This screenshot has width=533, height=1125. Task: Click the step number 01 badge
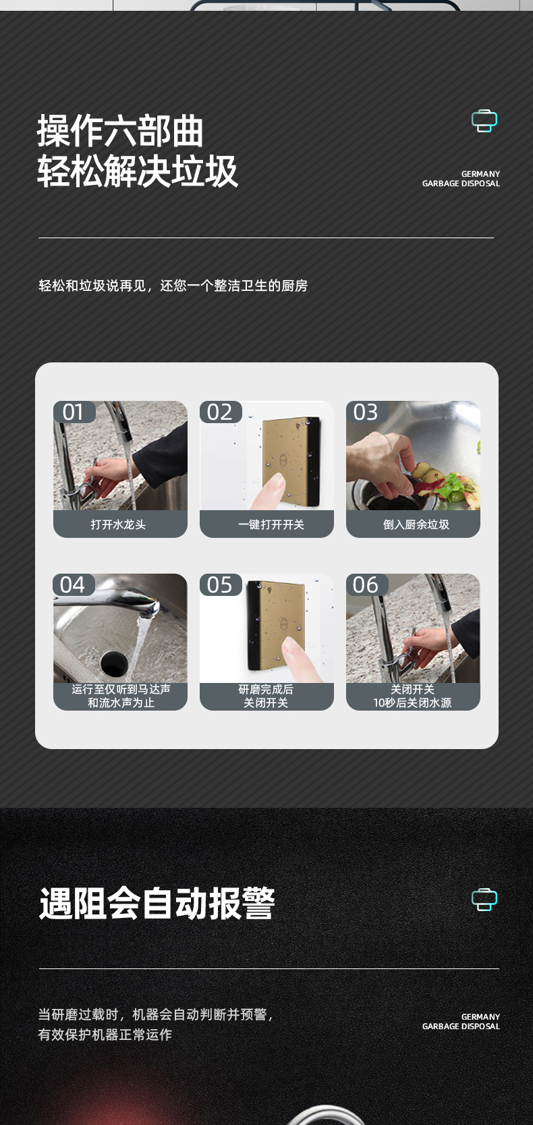[74, 412]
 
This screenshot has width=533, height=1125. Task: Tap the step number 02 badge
[221, 412]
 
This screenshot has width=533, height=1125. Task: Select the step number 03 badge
[367, 412]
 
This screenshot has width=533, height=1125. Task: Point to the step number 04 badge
[74, 584]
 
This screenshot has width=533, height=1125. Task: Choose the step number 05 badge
[221, 584]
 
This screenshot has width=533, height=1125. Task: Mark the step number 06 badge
[367, 584]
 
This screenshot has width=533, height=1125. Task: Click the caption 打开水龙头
[119, 525]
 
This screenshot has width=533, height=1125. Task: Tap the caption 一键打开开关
[271, 525]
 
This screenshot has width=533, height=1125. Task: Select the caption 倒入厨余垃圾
[416, 525]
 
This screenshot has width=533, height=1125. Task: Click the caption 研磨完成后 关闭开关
[266, 696]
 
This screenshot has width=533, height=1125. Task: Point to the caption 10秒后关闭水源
[412, 703]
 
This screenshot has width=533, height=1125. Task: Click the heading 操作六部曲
[120, 131]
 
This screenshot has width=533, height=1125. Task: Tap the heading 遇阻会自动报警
[157, 904]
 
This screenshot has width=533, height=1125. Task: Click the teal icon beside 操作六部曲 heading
[484, 121]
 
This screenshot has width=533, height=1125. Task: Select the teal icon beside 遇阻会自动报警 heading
[484, 899]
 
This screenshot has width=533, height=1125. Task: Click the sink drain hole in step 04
[115, 664]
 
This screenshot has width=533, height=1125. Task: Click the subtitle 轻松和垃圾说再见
[92, 285]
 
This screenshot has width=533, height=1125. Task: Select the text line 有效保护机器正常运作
[105, 1035]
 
